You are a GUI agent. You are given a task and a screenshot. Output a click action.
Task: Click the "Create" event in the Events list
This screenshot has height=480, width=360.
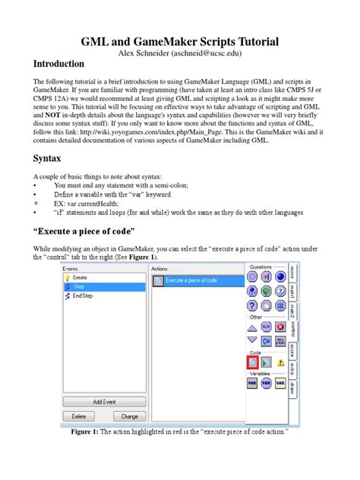tap(79, 277)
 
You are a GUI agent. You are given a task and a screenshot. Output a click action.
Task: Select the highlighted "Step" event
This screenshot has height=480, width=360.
tap(77, 287)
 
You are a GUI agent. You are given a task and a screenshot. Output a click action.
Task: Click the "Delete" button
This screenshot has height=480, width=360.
tap(79, 416)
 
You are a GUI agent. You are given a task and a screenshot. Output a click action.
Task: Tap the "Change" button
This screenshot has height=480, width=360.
tap(129, 416)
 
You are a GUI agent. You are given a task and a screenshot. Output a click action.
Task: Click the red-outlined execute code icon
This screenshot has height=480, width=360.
tap(252, 363)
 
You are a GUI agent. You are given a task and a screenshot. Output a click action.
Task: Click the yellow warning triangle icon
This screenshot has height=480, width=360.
tap(281, 363)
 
